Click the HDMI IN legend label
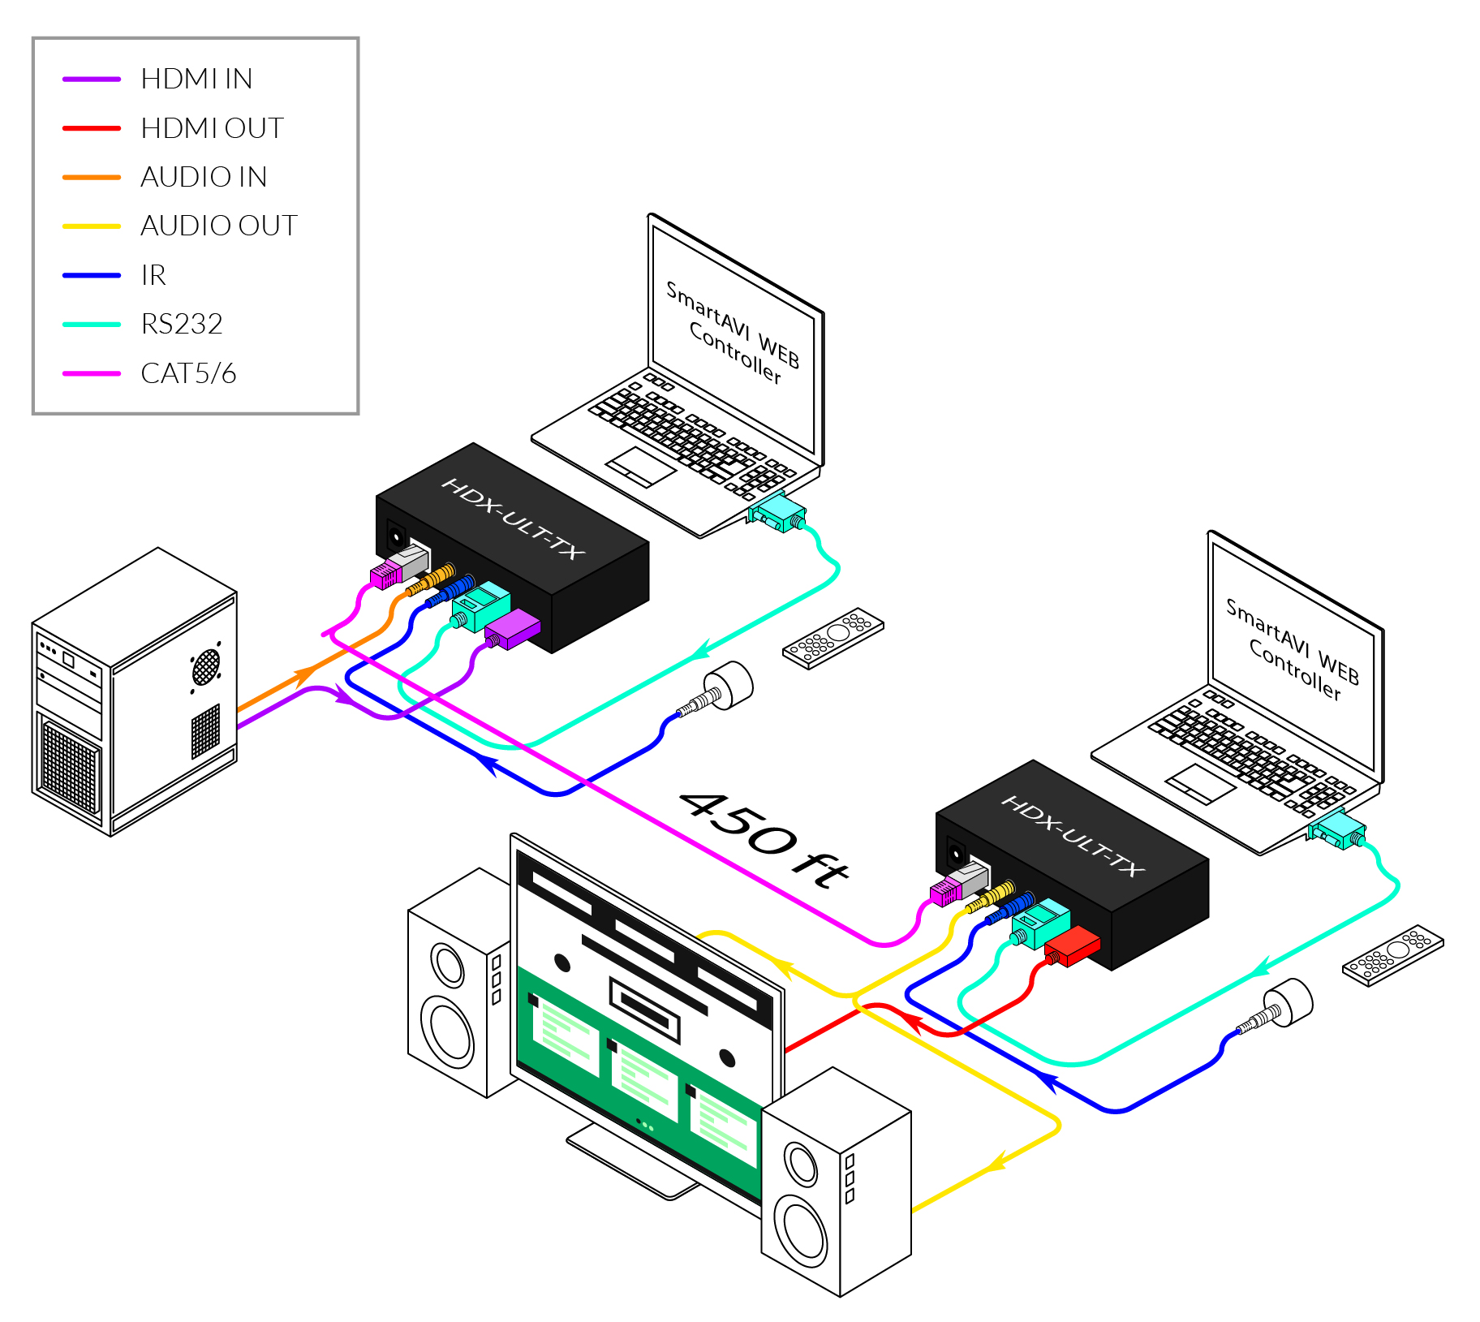coord(196,79)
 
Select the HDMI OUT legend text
coord(212,128)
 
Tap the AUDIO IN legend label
coord(204,177)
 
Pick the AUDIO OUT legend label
coord(219,226)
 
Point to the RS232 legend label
coord(182,324)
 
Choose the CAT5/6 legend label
coord(188,373)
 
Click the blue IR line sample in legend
coord(92,275)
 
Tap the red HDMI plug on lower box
coord(1072,946)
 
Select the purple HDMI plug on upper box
coord(512,629)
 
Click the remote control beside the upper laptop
coord(832,638)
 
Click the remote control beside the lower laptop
coord(1392,955)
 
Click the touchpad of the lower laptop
coord(1200,783)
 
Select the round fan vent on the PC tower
coord(206,666)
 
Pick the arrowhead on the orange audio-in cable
coord(305,673)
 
